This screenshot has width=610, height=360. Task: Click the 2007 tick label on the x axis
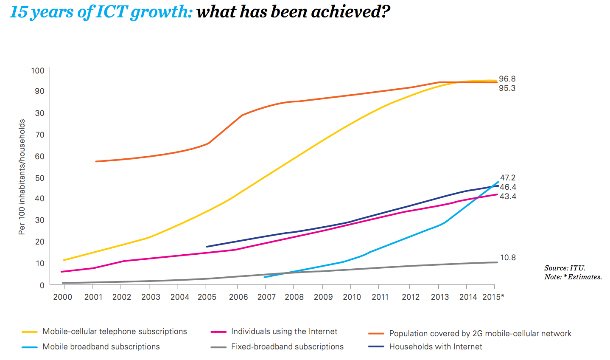(x=266, y=297)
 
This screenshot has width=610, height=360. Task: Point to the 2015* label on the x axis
(x=493, y=297)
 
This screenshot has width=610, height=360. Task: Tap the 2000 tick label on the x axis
(x=62, y=297)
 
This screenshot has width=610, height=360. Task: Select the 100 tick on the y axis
(x=37, y=70)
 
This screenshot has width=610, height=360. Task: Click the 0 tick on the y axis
(x=42, y=285)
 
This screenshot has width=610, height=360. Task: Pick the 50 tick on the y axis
(x=39, y=178)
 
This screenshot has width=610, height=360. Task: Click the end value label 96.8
(x=507, y=79)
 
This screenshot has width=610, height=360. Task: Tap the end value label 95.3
(x=507, y=88)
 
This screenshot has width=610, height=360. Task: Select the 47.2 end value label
(x=507, y=178)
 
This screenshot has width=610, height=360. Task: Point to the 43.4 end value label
(x=508, y=197)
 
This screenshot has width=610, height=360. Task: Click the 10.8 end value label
(x=507, y=258)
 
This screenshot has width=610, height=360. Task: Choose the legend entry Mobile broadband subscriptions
(x=101, y=347)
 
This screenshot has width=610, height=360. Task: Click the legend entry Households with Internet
(x=435, y=347)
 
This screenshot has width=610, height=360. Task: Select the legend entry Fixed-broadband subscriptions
(x=287, y=347)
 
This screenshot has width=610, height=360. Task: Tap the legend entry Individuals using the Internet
(x=284, y=332)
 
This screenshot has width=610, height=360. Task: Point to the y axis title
(x=22, y=177)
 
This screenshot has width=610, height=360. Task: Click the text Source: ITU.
(x=565, y=268)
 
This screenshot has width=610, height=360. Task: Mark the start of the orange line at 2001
(x=96, y=161)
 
